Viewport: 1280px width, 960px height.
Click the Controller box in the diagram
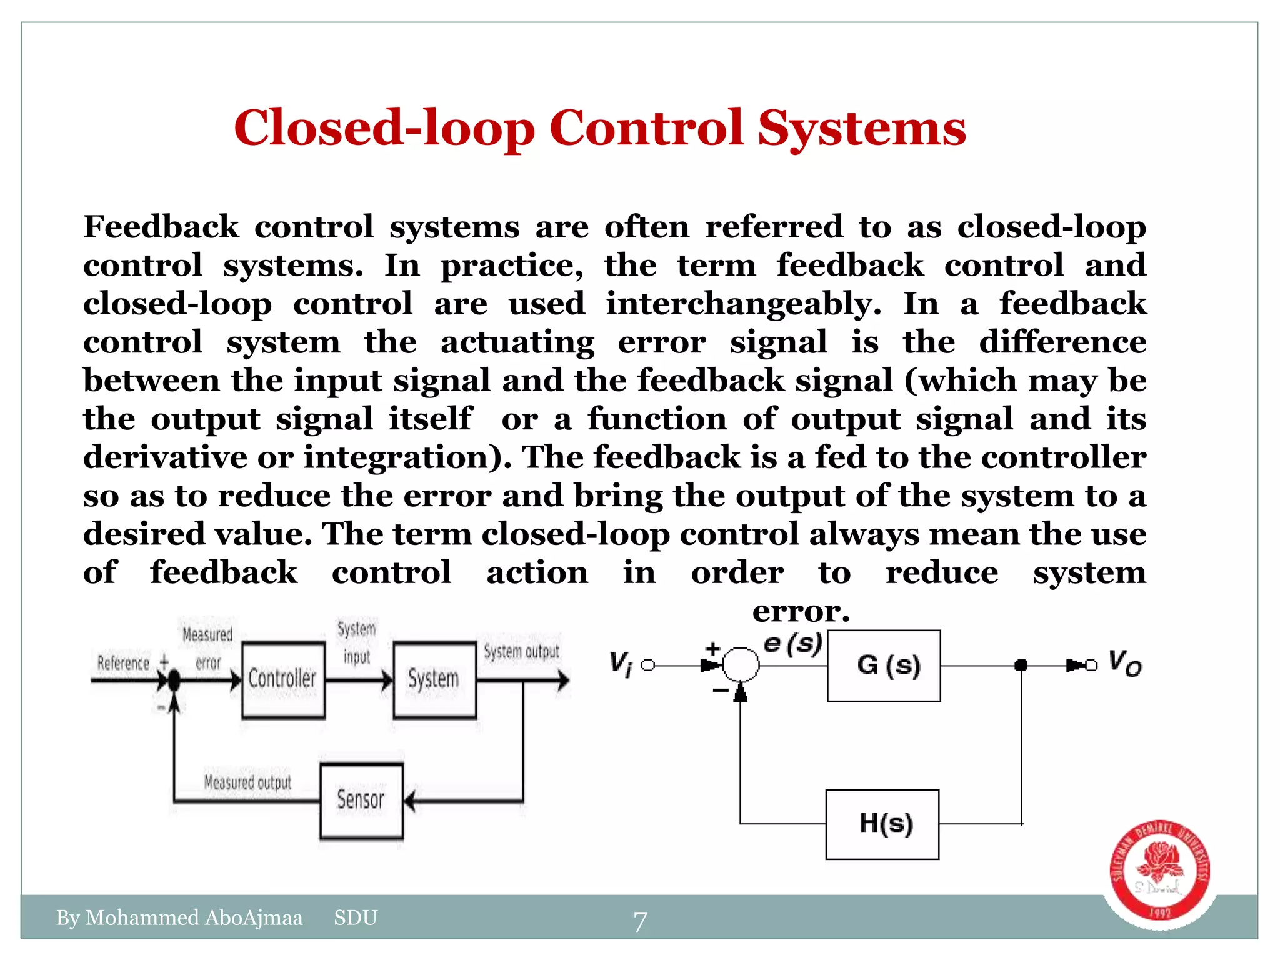pyautogui.click(x=283, y=679)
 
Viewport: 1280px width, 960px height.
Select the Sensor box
pyautogui.click(x=361, y=801)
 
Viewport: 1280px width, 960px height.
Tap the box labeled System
pyautogui.click(x=434, y=679)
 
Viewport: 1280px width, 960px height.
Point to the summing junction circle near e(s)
pyautogui.click(x=741, y=664)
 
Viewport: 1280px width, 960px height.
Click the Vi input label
pyautogui.click(x=621, y=664)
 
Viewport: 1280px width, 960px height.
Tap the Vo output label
pyautogui.click(x=1124, y=663)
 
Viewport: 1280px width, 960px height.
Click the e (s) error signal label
pyautogui.click(x=792, y=644)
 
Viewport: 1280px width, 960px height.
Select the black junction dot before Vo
pyautogui.click(x=1021, y=665)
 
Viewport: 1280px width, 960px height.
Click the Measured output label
pyautogui.click(x=248, y=782)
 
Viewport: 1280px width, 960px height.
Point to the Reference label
pyautogui.click(x=123, y=663)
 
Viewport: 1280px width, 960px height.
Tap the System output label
pyautogui.click(x=521, y=652)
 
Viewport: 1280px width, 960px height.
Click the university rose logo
pyautogui.click(x=1159, y=871)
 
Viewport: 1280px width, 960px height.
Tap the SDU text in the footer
pyautogui.click(x=356, y=917)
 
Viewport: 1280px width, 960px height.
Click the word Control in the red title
pyautogui.click(x=646, y=128)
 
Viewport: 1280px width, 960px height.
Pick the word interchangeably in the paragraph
pyautogui.click(x=743, y=304)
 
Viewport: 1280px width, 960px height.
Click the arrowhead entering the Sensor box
pyautogui.click(x=410, y=801)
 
